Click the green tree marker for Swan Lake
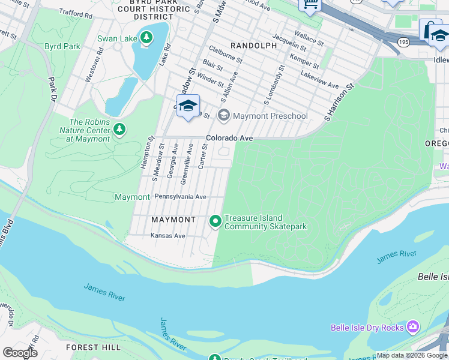click(146, 39)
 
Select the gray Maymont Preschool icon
click(224, 116)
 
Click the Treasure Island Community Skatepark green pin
click(215, 222)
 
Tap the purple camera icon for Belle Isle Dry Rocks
click(412, 328)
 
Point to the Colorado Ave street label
click(229, 138)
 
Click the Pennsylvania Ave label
click(180, 197)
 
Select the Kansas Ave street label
click(167, 236)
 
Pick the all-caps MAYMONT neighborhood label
click(173, 220)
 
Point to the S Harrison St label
click(340, 101)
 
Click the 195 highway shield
click(403, 42)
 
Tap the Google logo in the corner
click(19, 353)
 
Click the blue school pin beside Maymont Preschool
click(188, 106)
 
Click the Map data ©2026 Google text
click(412, 356)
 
